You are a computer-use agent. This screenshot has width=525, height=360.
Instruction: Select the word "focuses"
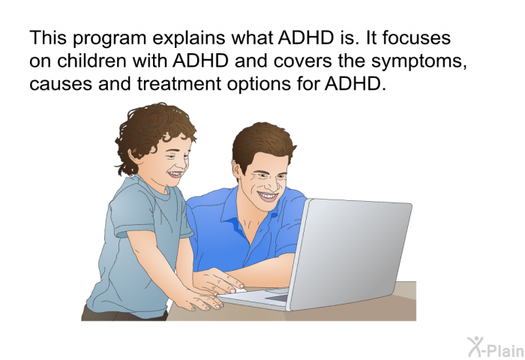416,37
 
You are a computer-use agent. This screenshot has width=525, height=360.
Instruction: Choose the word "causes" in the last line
61,84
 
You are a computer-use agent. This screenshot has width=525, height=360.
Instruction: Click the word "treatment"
179,83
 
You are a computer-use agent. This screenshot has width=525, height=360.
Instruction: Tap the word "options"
259,85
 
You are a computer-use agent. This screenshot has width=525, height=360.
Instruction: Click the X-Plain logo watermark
496,346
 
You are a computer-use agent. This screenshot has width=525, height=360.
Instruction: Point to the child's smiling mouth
175,175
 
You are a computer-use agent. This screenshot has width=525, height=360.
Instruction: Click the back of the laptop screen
350,253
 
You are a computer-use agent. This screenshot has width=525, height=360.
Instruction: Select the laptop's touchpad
277,298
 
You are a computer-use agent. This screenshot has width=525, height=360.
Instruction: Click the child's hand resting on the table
200,300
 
